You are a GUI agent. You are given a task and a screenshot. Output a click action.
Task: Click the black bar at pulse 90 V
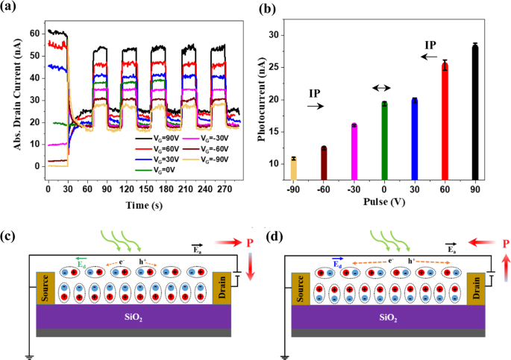click(x=474, y=112)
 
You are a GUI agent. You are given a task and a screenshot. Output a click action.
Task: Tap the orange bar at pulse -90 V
click(x=294, y=168)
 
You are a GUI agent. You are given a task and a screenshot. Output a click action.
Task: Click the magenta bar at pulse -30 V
click(x=354, y=151)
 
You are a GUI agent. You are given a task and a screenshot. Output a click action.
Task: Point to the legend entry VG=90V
click(x=155, y=138)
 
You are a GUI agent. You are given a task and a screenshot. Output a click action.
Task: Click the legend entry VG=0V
click(x=155, y=169)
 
